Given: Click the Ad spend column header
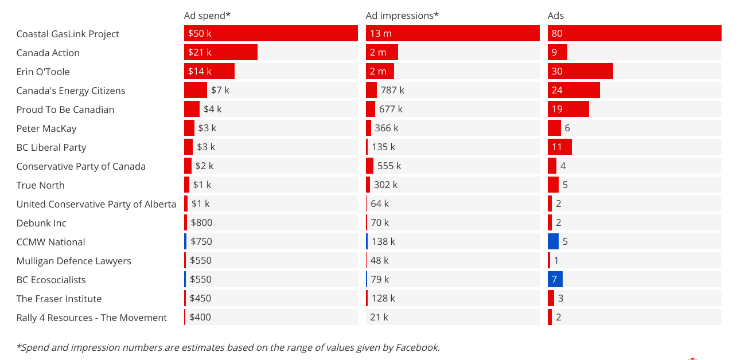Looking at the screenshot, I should click(x=207, y=15).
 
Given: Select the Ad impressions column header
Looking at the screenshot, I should click(x=402, y=15).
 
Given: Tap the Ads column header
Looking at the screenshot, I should click(x=556, y=15).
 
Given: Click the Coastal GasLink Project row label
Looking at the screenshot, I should click(x=68, y=34).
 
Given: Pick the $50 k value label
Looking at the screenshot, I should click(x=200, y=34).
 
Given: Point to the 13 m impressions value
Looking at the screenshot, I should click(x=380, y=34).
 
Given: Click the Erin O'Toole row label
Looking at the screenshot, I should click(x=43, y=72).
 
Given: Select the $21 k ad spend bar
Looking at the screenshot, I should click(x=221, y=53).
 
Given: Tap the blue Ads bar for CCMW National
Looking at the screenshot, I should click(x=553, y=241).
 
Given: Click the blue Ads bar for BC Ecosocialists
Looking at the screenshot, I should click(x=555, y=279).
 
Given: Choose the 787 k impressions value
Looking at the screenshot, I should click(x=392, y=91).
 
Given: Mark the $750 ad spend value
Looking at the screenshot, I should click(x=201, y=242).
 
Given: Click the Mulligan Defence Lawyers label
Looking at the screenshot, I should click(x=73, y=261).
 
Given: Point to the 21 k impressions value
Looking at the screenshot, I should click(x=379, y=318).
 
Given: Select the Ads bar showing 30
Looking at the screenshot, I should click(x=581, y=72).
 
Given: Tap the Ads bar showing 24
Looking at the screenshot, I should click(x=574, y=91).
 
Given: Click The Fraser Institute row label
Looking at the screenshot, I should click(x=59, y=299).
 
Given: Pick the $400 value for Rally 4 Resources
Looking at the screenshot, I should click(x=200, y=318).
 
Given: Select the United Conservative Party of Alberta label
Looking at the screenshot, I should click(x=96, y=204).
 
